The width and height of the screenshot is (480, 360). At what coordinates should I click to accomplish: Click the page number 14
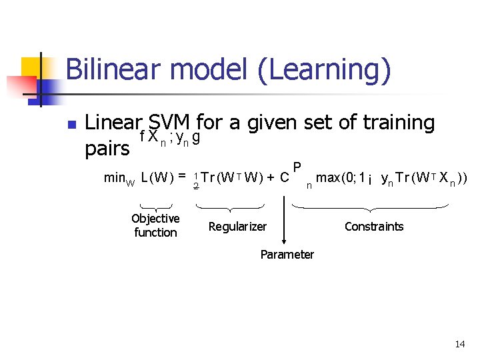pos(459,344)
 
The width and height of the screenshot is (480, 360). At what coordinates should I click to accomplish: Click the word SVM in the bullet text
pos(170,123)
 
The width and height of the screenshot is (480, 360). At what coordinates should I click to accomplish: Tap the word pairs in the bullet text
pos(107,148)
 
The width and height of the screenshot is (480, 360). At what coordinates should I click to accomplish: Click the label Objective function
pos(155,225)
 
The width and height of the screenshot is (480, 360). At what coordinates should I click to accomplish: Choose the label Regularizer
pos(237,227)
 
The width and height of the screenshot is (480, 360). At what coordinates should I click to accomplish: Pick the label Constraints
pos(374,227)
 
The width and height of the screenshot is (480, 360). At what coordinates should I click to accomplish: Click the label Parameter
pos(287,254)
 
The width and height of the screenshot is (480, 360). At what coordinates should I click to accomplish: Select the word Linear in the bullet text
pos(114,123)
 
